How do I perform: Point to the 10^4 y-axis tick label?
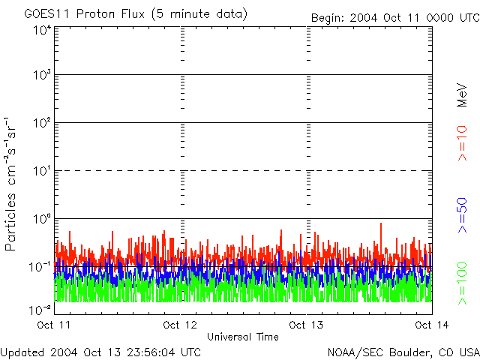click(42, 30)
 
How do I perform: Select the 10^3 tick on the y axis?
click(42, 75)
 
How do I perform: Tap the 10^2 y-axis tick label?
click(42, 122)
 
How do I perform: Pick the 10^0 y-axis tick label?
click(42, 218)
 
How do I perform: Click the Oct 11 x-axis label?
click(55, 325)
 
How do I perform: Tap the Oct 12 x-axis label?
click(181, 325)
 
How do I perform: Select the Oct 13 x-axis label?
click(307, 325)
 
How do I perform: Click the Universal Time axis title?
click(242, 337)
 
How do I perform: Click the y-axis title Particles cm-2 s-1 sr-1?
click(12, 184)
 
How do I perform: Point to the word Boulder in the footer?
click(406, 352)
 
